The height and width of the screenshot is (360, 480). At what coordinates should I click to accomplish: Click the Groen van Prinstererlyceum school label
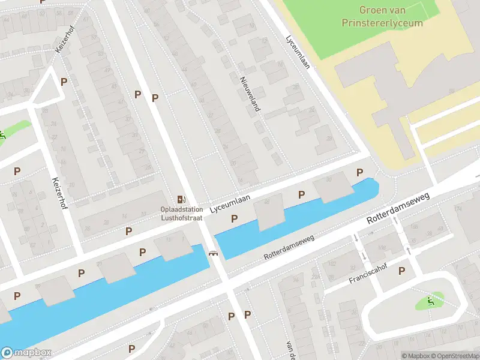pyautogui.click(x=391, y=16)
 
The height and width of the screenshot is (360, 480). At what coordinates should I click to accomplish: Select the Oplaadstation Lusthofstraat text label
pyautogui.click(x=181, y=215)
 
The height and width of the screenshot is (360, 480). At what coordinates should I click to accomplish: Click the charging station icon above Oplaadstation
pyautogui.click(x=181, y=199)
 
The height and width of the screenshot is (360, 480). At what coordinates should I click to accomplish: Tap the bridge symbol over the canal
pyautogui.click(x=212, y=253)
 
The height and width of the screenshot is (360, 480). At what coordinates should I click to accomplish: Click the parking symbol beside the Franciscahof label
pyautogui.click(x=401, y=271)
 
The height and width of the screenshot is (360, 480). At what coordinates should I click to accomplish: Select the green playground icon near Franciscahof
pyautogui.click(x=430, y=301)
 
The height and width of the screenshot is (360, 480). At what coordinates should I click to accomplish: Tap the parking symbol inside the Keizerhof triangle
pyautogui.click(x=64, y=82)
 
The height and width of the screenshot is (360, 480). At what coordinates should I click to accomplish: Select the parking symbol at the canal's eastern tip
pyautogui.click(x=360, y=173)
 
